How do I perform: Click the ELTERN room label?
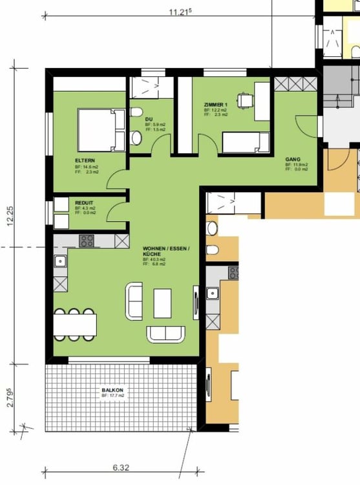pyautogui.click(x=83, y=160)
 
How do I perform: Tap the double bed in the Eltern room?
pyautogui.click(x=101, y=130)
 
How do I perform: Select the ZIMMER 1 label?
pyautogui.click(x=216, y=105)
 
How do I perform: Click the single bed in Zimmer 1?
pyautogui.click(x=245, y=142)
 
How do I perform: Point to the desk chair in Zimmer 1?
pyautogui.click(x=244, y=100)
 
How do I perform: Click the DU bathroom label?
pyautogui.click(x=149, y=120)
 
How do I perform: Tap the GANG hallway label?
pyautogui.click(x=292, y=158)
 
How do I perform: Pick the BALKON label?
pyautogui.click(x=112, y=391)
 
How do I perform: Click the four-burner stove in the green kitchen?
pyautogui.click(x=87, y=241)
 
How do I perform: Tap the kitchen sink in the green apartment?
pyautogui.click(x=60, y=261)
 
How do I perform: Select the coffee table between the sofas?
pyautogui.click(x=162, y=303)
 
